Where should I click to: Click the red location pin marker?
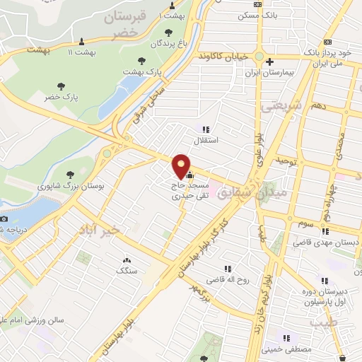click(x=182, y=165)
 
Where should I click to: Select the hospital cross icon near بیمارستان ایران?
click(x=269, y=62)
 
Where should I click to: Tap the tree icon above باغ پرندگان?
click(x=168, y=32)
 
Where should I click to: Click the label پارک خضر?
click(x=62, y=95)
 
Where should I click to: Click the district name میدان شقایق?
click(x=261, y=190)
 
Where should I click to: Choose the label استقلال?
click(x=204, y=141)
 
